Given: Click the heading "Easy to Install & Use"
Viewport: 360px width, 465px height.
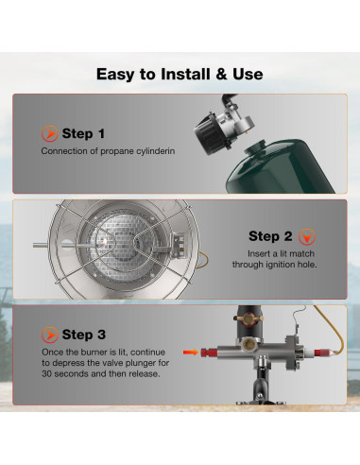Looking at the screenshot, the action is coord(180,75).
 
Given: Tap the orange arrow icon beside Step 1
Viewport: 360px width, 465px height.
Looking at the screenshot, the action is coord(49,133).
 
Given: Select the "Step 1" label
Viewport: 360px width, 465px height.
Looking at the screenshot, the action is coord(83,133).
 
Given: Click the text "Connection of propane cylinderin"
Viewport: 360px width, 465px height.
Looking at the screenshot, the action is coord(108,151).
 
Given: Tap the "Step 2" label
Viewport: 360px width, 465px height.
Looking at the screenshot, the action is coord(270,236).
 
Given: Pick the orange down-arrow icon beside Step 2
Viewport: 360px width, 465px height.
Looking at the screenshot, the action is coord(307,237).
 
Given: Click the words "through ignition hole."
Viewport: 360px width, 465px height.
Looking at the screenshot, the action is coord(275,265).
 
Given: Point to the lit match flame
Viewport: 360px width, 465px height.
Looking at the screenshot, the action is coord(105,241).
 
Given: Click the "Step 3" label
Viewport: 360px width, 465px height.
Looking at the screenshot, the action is coord(84,335).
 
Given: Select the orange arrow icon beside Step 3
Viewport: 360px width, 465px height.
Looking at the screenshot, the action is coord(49,335).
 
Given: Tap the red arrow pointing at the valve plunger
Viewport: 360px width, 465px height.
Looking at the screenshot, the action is coord(191,352).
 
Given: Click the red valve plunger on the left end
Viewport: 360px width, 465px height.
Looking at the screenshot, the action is coord(209,352).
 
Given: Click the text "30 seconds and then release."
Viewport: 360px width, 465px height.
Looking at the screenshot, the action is coord(101,374).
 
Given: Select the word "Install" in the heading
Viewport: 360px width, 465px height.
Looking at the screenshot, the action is coord(185,75).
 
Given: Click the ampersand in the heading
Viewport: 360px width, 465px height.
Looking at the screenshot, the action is coord(222,75).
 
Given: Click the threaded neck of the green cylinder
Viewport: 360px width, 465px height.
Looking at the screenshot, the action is coord(257,146).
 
